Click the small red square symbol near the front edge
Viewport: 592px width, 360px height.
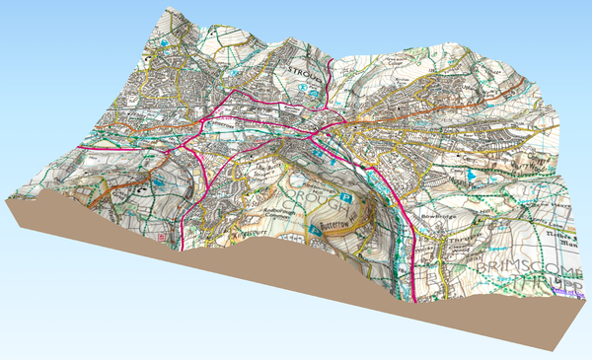161,238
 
